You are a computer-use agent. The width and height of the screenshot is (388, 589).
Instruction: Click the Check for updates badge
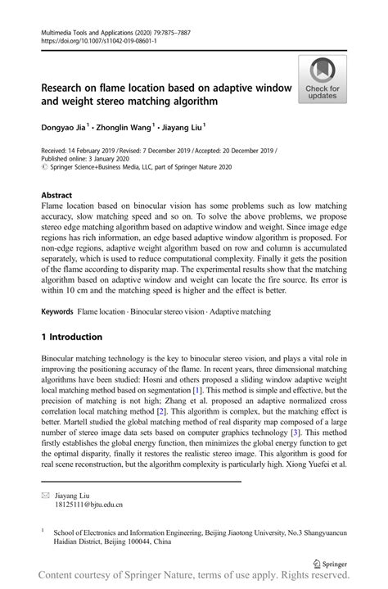pyautogui.click(x=323, y=79)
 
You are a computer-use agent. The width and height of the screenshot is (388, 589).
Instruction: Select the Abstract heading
pyautogui.click(x=56, y=195)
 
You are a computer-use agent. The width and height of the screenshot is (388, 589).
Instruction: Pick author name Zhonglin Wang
pyautogui.click(x=124, y=127)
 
